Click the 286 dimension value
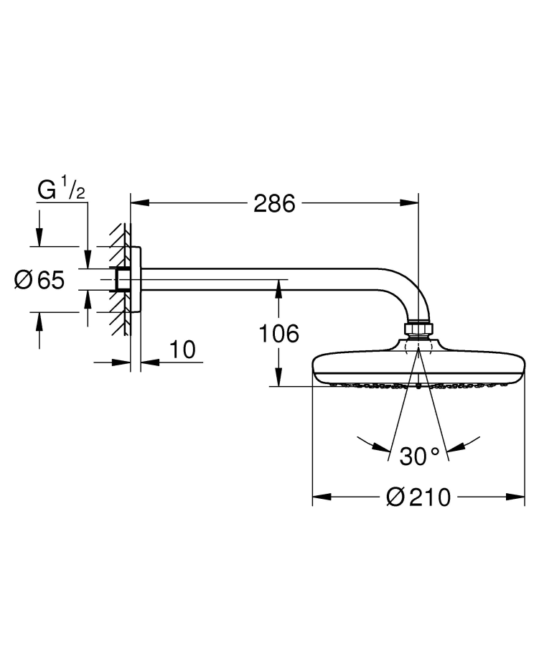click(274, 204)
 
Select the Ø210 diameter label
click(418, 497)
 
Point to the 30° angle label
click(418, 455)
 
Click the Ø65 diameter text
click(39, 280)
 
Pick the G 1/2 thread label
click(62, 190)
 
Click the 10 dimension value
click(184, 350)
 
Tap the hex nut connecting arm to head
click(418, 329)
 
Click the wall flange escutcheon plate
click(136, 279)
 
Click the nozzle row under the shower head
click(418, 385)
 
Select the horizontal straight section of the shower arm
click(273, 273)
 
